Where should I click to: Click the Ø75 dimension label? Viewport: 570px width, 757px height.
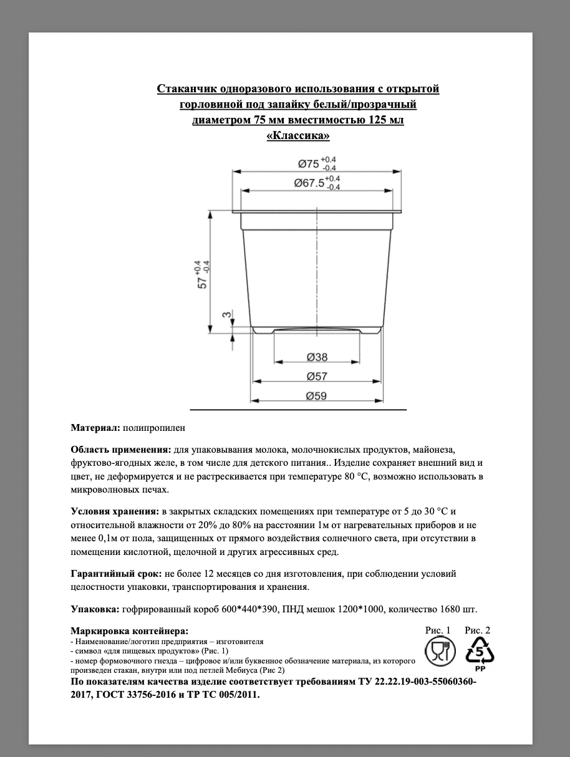[x=309, y=164]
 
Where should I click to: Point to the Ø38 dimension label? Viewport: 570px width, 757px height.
[x=317, y=358]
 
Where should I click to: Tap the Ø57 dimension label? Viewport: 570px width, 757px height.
[x=317, y=377]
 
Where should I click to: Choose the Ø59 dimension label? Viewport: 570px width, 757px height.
[x=317, y=395]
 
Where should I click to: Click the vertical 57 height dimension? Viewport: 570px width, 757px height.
[x=203, y=274]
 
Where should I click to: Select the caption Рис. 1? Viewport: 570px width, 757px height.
[x=437, y=630]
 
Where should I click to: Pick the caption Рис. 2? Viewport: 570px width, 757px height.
[x=478, y=630]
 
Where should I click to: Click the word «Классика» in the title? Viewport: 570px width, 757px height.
[x=297, y=134]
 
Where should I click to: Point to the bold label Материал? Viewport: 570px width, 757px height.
[x=95, y=428]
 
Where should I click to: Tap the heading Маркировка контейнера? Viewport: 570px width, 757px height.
[x=129, y=630]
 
